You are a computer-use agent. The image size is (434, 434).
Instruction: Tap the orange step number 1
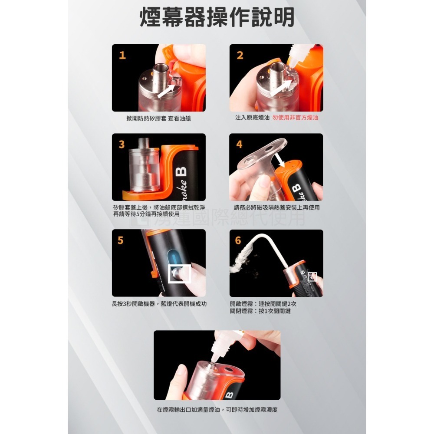[122, 55]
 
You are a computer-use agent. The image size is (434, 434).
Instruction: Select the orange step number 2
[240, 55]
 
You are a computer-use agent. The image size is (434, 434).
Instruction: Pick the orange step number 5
[121, 240]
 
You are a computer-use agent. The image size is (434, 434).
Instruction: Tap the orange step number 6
[238, 240]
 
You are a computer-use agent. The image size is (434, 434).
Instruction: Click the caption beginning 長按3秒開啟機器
[159, 304]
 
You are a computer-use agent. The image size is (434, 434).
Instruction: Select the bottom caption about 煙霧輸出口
[217, 409]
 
